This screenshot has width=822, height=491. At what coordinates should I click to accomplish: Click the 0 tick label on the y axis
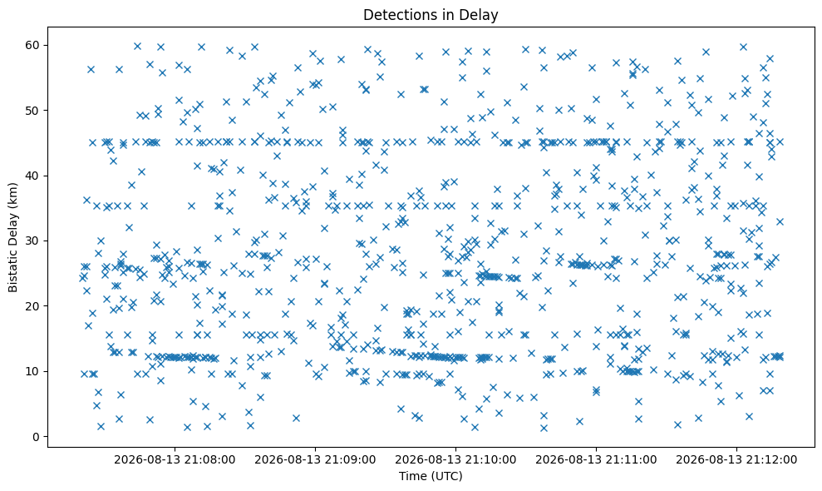pyautogui.click(x=37, y=437)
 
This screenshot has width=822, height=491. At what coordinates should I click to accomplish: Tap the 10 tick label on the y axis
pyautogui.click(x=33, y=371)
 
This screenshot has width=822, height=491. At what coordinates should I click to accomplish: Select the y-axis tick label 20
pyautogui.click(x=33, y=306)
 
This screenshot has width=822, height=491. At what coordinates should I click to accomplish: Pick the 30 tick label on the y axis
pyautogui.click(x=33, y=241)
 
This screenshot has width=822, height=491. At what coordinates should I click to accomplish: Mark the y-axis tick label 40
pyautogui.click(x=33, y=176)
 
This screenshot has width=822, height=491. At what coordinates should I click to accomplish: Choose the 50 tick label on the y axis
pyautogui.click(x=33, y=111)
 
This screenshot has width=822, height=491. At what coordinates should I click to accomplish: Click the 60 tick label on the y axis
pyautogui.click(x=33, y=45)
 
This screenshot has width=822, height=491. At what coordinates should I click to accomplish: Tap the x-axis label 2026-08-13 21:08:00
pyautogui.click(x=175, y=460)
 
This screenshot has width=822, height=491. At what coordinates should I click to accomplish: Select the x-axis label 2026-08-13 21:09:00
pyautogui.click(x=315, y=460)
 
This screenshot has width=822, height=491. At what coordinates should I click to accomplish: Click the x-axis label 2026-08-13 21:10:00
pyautogui.click(x=455, y=460)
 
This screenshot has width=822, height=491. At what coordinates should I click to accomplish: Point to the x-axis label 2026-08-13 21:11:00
pyautogui.click(x=596, y=460)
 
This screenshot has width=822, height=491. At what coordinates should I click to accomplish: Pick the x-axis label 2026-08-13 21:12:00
pyautogui.click(x=736, y=460)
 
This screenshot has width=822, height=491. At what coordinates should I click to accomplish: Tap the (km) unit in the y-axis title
pyautogui.click(x=13, y=196)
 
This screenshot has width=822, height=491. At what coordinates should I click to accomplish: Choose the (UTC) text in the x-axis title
pyautogui.click(x=445, y=476)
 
